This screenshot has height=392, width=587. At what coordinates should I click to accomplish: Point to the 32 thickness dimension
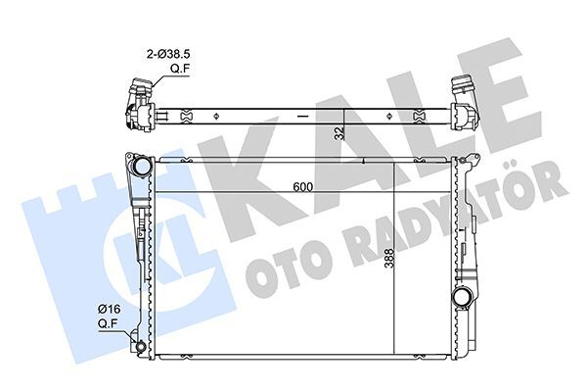[339, 133]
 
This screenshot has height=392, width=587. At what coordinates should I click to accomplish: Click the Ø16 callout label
[109, 311]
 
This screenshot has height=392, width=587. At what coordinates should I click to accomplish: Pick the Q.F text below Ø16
[109, 324]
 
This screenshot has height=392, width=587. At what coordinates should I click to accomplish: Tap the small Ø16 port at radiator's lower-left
[144, 345]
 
